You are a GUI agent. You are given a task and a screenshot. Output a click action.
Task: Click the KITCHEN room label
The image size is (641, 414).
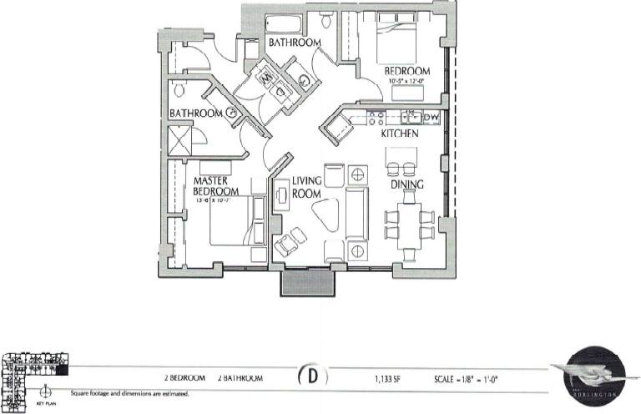pyautogui.click(x=399, y=134)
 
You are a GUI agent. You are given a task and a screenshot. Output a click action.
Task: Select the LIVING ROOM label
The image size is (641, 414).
pyautogui.click(x=307, y=186)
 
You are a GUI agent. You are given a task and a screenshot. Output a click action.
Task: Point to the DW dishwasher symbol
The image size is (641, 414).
pyautogui.click(x=431, y=118)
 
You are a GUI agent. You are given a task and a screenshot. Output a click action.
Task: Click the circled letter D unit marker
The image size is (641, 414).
pyautogui.click(x=312, y=377)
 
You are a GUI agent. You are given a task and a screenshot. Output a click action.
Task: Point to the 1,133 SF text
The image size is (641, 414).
pyautogui.click(x=388, y=378)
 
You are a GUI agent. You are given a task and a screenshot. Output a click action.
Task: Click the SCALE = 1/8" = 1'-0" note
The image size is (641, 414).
pyautogui.click(x=466, y=378)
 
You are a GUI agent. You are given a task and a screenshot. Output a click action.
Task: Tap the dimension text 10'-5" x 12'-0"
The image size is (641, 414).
pyautogui.click(x=406, y=82)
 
